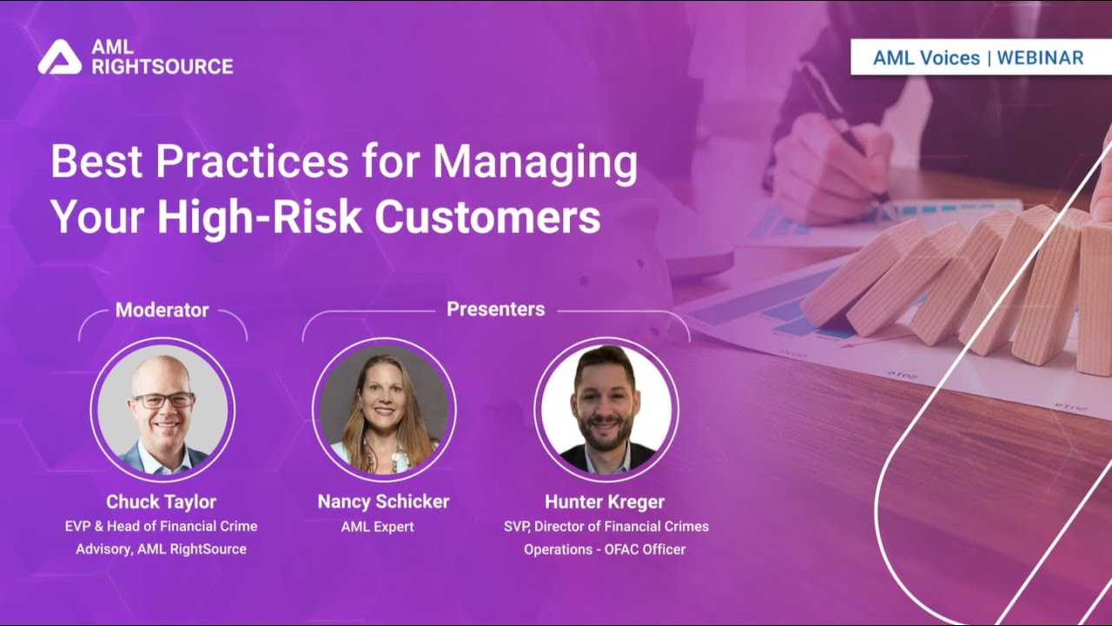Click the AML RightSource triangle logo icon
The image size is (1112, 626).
(x=59, y=57)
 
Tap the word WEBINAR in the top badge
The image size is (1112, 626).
(x=1040, y=58)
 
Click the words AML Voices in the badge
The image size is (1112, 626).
(x=926, y=58)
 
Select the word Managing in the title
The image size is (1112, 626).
(x=535, y=163)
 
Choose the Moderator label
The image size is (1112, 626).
(x=162, y=310)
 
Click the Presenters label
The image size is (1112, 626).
(x=495, y=309)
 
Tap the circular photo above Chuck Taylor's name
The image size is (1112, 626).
(x=162, y=410)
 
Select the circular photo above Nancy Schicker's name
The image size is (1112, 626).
(x=384, y=410)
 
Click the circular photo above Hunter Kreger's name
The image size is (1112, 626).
(x=606, y=410)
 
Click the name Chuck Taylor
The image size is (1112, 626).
(x=161, y=502)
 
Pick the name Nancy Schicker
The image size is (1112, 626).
(x=383, y=502)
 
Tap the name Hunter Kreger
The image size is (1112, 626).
(x=605, y=502)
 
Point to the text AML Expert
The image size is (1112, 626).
(x=383, y=527)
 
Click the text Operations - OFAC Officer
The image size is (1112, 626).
(x=605, y=549)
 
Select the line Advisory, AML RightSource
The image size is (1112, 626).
(x=161, y=549)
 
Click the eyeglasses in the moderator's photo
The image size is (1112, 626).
(x=162, y=400)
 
